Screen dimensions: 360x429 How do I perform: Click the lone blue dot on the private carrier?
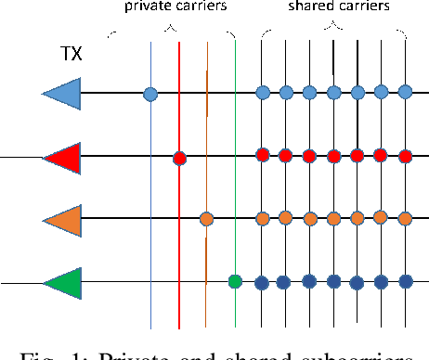pos(150,93)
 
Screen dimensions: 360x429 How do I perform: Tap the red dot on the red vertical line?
pos(179,158)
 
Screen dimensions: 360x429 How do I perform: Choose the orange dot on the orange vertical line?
pos(206,219)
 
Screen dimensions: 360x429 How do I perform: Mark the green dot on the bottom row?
pos(235,280)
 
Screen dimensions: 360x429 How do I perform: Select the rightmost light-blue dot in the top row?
pos(405,91)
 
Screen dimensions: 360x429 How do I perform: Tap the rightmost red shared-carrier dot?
pos(405,154)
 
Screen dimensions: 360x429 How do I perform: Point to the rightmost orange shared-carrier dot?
pos(405,217)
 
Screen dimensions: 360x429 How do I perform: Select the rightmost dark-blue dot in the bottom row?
pos(405,280)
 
